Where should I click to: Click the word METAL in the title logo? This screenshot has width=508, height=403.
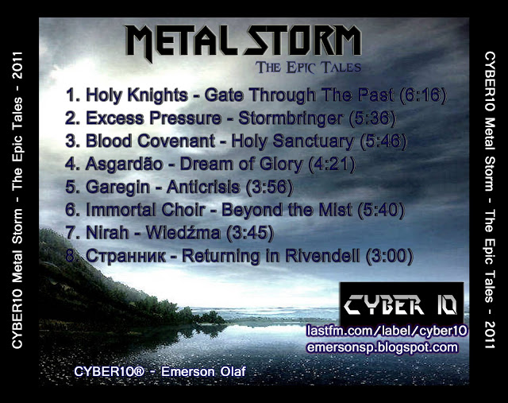(184, 42)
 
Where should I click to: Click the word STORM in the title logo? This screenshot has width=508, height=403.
(302, 41)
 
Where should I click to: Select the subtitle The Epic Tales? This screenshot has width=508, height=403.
(308, 67)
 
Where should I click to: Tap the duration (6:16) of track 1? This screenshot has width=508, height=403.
(423, 95)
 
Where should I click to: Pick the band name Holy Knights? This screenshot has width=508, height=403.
(137, 95)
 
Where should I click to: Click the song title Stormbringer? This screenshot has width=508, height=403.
(291, 118)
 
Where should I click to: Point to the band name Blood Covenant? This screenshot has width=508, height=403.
(150, 141)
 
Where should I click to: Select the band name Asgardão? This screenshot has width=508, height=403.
(124, 165)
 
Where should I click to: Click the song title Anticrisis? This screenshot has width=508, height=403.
(203, 188)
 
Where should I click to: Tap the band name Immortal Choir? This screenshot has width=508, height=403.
(145, 210)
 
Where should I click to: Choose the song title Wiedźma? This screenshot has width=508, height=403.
(183, 232)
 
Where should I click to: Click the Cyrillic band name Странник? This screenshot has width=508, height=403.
(125, 256)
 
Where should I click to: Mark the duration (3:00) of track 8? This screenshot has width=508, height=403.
(390, 256)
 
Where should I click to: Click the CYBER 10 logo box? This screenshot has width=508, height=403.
(402, 304)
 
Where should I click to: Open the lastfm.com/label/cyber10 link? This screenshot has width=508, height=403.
(387, 331)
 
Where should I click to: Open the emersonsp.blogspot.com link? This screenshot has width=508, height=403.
(383, 347)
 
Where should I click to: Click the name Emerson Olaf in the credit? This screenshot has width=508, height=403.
(203, 371)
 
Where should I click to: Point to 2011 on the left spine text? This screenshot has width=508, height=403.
(17, 65)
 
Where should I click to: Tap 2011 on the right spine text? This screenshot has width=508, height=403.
(490, 335)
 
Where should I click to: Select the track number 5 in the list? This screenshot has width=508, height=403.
(71, 188)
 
